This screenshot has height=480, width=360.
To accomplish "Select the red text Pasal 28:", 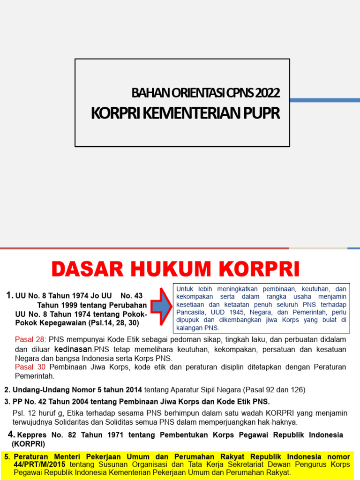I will [x=30, y=339].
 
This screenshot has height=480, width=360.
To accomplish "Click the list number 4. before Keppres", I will [x=12, y=435].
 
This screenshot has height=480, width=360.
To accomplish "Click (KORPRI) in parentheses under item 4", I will [x=29, y=443].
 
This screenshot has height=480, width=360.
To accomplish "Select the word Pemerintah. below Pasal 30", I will [x=35, y=376].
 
